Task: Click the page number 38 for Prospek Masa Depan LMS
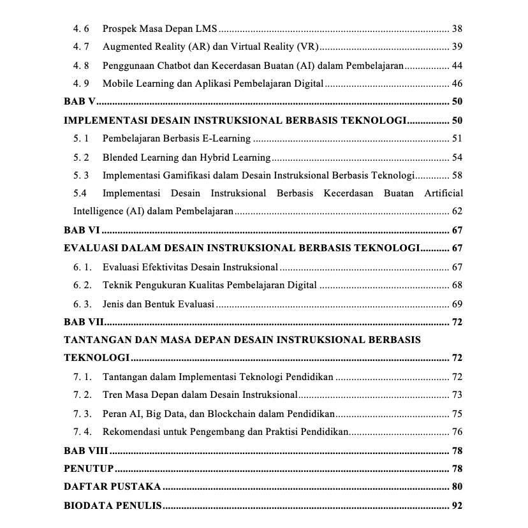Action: point(457,29)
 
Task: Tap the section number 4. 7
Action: point(81,47)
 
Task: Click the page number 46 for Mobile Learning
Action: point(457,84)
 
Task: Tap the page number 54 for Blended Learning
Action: point(457,158)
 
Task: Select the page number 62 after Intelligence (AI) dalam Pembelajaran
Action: point(457,212)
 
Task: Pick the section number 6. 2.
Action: point(82,285)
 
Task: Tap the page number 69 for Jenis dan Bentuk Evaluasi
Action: point(457,304)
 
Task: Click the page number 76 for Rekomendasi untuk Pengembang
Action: point(457,432)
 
